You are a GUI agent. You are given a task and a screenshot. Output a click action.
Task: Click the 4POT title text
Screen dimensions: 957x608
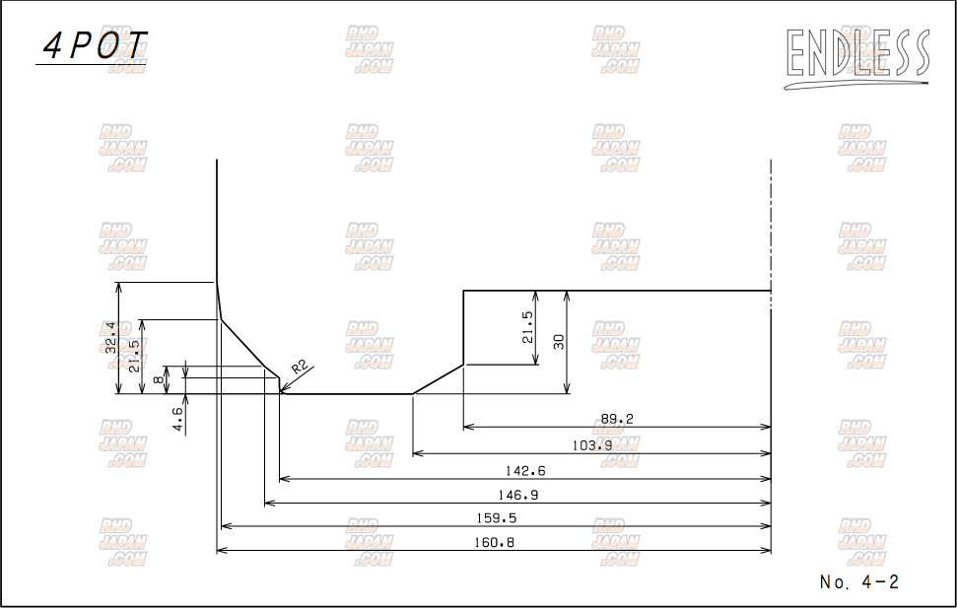pyautogui.click(x=96, y=45)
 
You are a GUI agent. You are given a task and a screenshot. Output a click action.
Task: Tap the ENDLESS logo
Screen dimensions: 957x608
pyautogui.click(x=856, y=57)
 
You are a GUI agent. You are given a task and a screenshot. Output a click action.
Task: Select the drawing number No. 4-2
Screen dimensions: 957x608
pyautogui.click(x=859, y=581)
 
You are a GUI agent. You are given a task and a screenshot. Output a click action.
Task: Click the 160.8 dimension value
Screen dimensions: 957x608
pyautogui.click(x=494, y=542)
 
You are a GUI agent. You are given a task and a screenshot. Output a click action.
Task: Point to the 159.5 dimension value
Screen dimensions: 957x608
pyautogui.click(x=496, y=518)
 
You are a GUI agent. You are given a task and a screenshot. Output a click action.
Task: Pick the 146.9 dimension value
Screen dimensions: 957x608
pyautogui.click(x=518, y=495)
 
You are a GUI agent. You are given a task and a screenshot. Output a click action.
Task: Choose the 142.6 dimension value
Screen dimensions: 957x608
pyautogui.click(x=525, y=471)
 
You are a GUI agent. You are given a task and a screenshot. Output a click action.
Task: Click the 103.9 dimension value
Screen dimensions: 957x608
pyautogui.click(x=592, y=445)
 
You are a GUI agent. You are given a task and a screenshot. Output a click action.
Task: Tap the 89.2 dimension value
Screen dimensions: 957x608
pyautogui.click(x=617, y=419)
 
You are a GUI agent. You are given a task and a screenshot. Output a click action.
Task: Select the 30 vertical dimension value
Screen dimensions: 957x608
pyautogui.click(x=559, y=342)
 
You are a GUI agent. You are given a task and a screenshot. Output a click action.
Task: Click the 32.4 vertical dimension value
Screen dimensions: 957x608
pyautogui.click(x=110, y=338)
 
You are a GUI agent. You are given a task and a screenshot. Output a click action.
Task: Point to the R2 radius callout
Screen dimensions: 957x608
pyautogui.click(x=299, y=368)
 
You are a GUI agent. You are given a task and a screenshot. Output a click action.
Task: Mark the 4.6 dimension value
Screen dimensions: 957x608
pyautogui.click(x=177, y=420)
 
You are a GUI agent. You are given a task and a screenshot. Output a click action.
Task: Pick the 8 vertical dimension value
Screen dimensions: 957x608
pyautogui.click(x=159, y=379)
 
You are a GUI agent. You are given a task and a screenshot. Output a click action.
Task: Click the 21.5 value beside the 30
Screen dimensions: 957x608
pyautogui.click(x=527, y=327)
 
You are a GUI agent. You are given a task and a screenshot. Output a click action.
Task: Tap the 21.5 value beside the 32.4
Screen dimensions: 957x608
pyautogui.click(x=134, y=356)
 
